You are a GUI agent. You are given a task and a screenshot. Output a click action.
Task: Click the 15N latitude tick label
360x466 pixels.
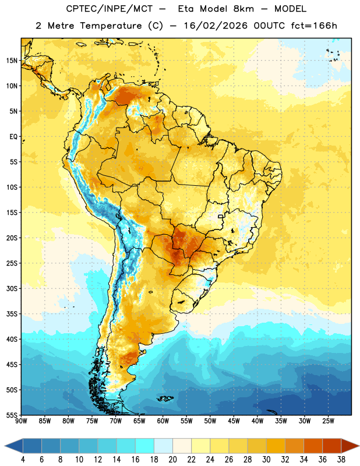(x=12, y=61)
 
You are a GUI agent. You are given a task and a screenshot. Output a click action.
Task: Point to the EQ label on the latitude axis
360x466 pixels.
(x=13, y=137)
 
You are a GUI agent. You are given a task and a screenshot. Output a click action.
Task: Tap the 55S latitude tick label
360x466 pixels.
(x=12, y=415)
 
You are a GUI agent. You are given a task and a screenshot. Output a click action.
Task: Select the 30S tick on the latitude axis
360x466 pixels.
(x=12, y=288)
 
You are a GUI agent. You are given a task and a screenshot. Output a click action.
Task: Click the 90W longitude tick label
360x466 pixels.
(x=21, y=421)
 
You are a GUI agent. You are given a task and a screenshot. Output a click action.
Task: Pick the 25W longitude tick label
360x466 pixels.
(x=328, y=421)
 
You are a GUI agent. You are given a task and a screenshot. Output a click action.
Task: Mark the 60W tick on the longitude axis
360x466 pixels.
(x=163, y=421)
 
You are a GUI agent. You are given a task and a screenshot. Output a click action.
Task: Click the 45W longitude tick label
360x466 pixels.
(x=234, y=421)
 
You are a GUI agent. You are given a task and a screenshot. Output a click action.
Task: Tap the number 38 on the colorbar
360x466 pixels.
(x=341, y=460)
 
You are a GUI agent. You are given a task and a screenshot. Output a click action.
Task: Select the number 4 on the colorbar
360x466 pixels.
(x=23, y=460)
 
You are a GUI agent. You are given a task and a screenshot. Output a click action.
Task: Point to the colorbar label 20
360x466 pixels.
(x=172, y=460)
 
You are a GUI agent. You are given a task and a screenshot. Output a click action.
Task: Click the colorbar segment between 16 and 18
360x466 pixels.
(x=145, y=446)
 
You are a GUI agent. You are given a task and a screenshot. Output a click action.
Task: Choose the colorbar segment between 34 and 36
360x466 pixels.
(x=313, y=446)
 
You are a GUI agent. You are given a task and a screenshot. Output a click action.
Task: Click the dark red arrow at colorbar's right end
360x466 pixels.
(x=350, y=446)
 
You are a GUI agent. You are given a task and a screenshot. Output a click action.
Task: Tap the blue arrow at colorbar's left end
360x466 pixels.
(x=14, y=446)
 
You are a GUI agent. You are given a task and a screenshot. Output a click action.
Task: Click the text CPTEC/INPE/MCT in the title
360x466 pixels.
(x=109, y=9)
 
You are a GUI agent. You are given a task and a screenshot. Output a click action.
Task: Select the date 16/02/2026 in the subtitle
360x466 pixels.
(x=216, y=26)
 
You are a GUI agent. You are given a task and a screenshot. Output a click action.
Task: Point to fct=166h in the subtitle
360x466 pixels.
(x=314, y=26)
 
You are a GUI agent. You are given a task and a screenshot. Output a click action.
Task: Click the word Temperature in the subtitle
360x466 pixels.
(x=111, y=26)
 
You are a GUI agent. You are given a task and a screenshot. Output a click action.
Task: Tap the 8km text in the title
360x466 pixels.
(x=243, y=9)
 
